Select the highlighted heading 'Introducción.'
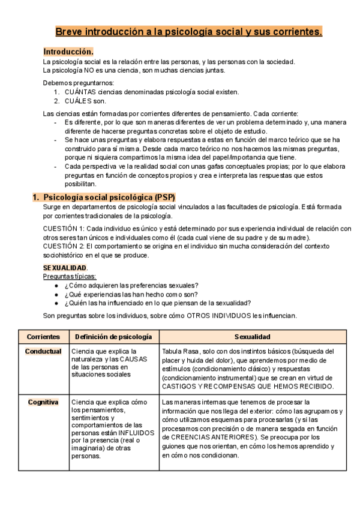coord(68,52)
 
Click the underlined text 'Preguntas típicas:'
coord(70,276)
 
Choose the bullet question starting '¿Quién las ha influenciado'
coord(157,303)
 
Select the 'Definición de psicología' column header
coord(113,337)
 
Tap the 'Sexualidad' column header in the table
coord(253,337)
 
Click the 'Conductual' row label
coord(43,351)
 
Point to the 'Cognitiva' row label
coord(43,402)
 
